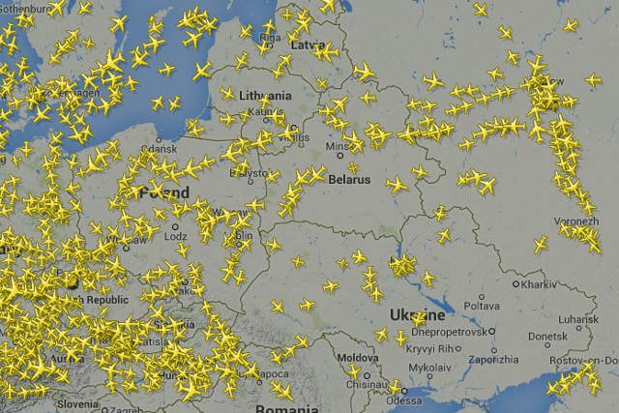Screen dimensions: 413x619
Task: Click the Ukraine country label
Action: pos(418,315)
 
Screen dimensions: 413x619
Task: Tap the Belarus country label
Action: pos(348,180)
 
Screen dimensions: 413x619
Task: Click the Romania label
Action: pos(286,408)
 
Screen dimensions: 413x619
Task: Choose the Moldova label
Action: pos(359,358)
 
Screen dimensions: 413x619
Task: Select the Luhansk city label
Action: pos(578,317)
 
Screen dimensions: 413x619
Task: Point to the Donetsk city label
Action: pos(547,337)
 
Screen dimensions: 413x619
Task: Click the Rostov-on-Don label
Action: pos(579,361)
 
